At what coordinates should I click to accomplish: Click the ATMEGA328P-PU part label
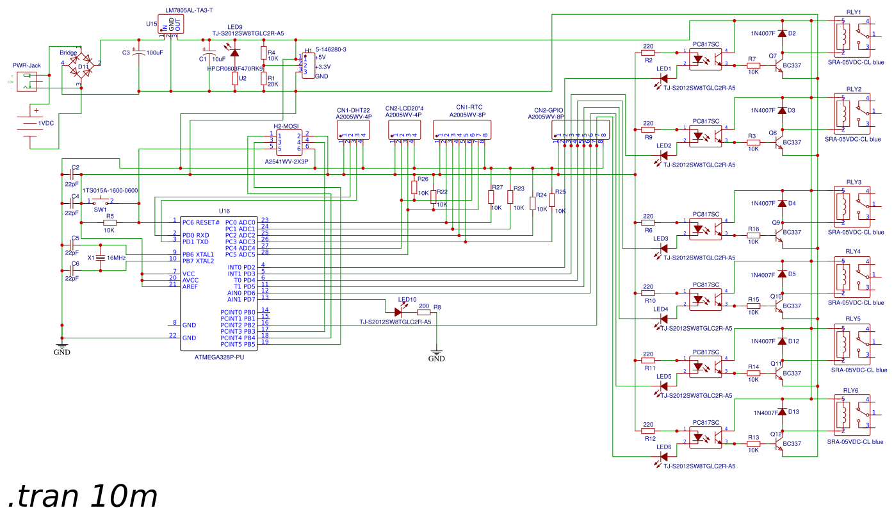[219, 358]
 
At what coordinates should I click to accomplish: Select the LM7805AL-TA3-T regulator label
[189, 11]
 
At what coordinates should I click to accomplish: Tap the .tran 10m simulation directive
[83, 496]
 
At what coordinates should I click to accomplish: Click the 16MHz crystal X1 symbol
[101, 258]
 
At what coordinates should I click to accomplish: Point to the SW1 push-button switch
[101, 202]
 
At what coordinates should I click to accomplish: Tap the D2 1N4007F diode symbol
[781, 33]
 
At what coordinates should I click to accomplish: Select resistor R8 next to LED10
[423, 313]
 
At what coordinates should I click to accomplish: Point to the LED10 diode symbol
[398, 312]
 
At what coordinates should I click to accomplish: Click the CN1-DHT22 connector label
[354, 110]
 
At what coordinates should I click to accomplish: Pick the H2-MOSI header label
[286, 126]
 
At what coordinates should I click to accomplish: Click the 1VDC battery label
[46, 122]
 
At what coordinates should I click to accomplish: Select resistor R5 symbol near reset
[110, 222]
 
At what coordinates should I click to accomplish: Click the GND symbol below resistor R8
[436, 352]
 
